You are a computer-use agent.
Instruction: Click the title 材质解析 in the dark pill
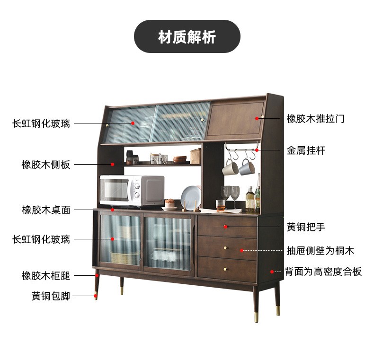187,37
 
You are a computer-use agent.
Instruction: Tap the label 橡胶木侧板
45,165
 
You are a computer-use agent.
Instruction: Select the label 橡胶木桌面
45,210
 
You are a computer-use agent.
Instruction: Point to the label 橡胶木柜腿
45,276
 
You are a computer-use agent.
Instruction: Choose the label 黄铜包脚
51,297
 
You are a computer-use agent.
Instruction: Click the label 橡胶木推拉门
315,119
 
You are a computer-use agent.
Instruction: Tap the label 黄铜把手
306,227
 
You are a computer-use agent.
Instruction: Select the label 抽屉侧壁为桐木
320,251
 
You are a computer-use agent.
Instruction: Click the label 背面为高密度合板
323,272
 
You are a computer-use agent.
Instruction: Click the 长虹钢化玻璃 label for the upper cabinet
41,123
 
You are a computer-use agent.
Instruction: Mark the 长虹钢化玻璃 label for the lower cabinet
41,239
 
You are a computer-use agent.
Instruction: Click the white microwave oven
131,191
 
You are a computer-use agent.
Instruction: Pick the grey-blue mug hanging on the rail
246,167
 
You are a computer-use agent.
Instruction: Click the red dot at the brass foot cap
96,297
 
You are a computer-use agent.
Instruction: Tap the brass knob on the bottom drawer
225,269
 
